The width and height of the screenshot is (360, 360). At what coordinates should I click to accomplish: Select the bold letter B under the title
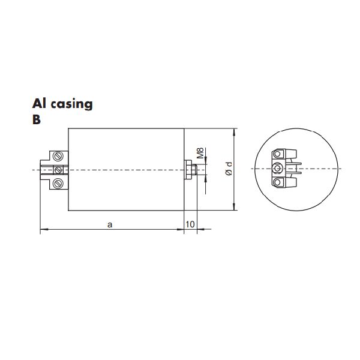(37, 119)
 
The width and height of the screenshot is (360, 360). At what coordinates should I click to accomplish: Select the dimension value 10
(190, 224)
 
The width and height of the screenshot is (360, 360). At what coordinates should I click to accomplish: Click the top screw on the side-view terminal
(58, 157)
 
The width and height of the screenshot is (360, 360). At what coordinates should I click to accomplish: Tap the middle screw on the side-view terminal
(58, 170)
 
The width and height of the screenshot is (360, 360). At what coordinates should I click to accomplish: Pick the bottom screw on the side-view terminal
(58, 183)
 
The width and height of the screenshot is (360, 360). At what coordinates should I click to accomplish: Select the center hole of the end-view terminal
(277, 170)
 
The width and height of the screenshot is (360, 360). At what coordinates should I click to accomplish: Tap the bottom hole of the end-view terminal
(277, 182)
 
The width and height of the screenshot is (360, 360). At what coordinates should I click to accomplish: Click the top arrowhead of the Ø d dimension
(234, 131)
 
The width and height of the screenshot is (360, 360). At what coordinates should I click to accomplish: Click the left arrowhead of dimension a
(42, 229)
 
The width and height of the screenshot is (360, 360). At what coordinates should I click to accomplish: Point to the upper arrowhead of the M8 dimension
(205, 161)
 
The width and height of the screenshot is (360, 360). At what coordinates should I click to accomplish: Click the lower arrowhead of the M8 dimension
(205, 178)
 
